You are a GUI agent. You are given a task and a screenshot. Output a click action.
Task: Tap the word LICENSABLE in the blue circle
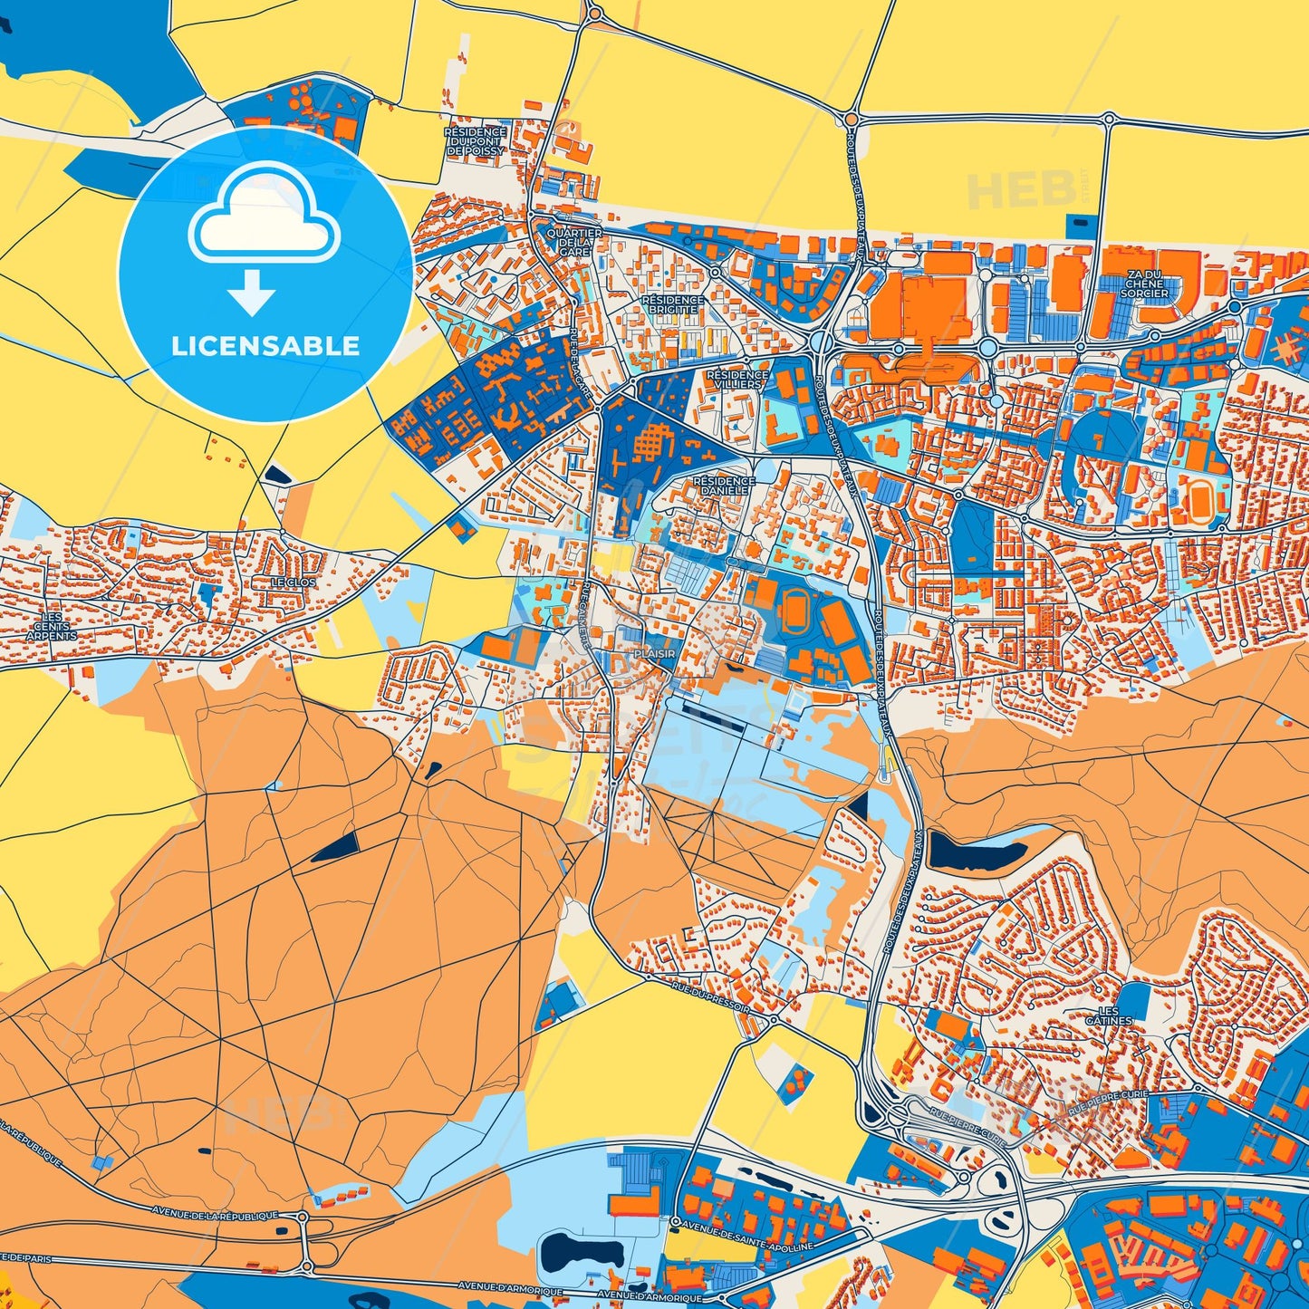pyautogui.click(x=265, y=346)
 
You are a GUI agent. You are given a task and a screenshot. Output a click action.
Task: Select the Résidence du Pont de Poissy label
pyautogui.click(x=476, y=141)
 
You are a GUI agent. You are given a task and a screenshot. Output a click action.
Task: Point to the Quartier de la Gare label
pyautogui.click(x=574, y=242)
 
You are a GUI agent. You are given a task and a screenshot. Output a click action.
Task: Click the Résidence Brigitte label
pyautogui.click(x=672, y=304)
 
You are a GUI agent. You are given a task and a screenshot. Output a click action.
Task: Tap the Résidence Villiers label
pyautogui.click(x=737, y=379)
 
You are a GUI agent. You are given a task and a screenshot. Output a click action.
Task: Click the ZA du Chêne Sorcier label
pyautogui.click(x=1144, y=284)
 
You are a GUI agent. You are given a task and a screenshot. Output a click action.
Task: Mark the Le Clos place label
pyautogui.click(x=294, y=582)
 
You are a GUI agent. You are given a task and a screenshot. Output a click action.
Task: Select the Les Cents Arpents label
pyautogui.click(x=52, y=626)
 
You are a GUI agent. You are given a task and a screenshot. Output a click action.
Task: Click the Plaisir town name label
pyautogui.click(x=654, y=653)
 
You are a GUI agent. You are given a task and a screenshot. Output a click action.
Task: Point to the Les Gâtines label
pyautogui.click(x=1109, y=1015)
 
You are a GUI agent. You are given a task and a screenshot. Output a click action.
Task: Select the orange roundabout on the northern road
pyautogui.click(x=851, y=118)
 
